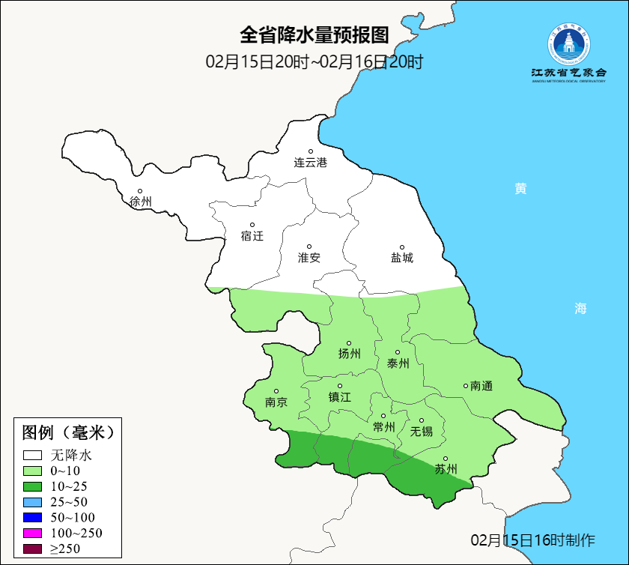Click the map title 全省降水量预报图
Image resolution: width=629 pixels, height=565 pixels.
(314, 35)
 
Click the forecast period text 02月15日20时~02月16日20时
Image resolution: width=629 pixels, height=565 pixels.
(314, 61)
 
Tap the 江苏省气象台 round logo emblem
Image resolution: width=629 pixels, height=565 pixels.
(568, 46)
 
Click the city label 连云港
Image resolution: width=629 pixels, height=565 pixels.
(310, 163)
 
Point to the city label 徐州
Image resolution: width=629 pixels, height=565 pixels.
(140, 202)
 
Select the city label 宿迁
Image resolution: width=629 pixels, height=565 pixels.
(252, 236)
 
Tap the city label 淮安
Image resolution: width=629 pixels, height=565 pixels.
(309, 258)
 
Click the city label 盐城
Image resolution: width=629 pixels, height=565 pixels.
(401, 258)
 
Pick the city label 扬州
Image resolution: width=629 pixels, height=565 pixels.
(349, 354)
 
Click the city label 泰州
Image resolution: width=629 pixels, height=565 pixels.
(398, 363)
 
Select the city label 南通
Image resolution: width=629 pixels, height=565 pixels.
(481, 386)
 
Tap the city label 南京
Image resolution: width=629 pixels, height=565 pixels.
(276, 402)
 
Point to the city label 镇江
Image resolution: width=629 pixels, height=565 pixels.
(339, 397)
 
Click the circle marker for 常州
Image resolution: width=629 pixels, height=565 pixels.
(383, 416)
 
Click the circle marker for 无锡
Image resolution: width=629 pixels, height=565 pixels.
(422, 420)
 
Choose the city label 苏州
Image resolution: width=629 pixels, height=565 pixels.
(446, 470)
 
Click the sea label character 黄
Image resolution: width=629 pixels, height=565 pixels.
(520, 189)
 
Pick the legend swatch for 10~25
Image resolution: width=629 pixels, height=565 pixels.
(33, 486)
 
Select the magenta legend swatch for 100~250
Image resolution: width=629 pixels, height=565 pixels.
(33, 534)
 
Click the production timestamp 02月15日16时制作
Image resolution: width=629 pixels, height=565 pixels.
(532, 540)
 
